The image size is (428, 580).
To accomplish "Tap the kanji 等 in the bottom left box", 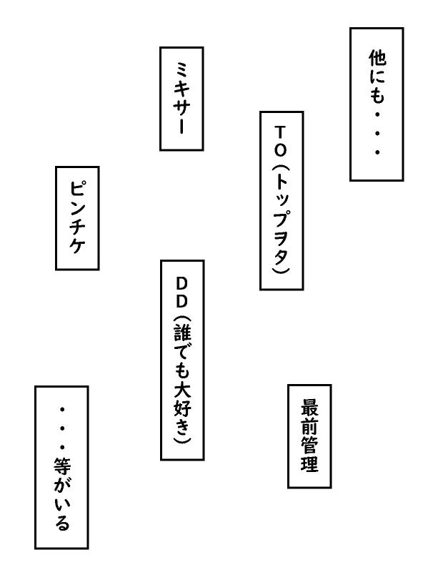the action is point(61,467).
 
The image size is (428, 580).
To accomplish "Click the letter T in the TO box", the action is point(281,132).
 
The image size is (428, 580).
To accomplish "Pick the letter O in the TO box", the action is point(281,150).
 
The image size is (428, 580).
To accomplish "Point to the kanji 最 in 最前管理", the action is point(309,408).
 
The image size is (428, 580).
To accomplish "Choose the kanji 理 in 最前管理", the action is point(309,464).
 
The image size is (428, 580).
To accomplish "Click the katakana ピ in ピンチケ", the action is point(78,189).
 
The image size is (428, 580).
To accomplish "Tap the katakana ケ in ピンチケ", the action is point(78,245).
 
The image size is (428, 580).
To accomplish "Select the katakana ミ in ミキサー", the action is point(181,69).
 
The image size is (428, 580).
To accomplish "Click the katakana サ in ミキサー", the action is point(181,107).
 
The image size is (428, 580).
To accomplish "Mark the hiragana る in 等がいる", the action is point(61,523).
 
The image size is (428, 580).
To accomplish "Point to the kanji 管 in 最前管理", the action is point(309,446).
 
